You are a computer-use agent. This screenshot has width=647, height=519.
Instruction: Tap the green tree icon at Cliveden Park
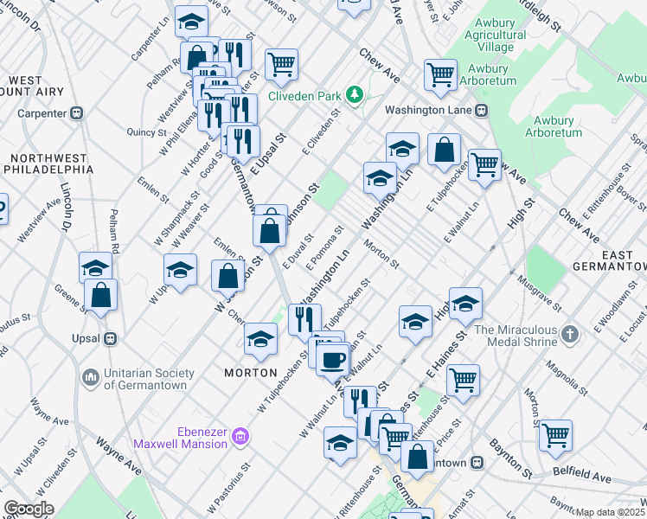point(353,93)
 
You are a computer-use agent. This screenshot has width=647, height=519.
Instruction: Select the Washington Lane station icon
point(481,110)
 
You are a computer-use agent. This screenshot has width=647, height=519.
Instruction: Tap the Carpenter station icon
point(77,112)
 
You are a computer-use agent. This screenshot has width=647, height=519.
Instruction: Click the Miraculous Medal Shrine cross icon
point(569,333)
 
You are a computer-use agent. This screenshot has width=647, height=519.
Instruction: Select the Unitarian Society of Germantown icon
point(91,378)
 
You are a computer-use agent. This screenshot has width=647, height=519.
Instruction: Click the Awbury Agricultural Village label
point(495,42)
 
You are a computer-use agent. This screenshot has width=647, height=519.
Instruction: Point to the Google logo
point(29,509)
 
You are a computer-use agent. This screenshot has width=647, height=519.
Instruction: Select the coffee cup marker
point(333,358)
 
